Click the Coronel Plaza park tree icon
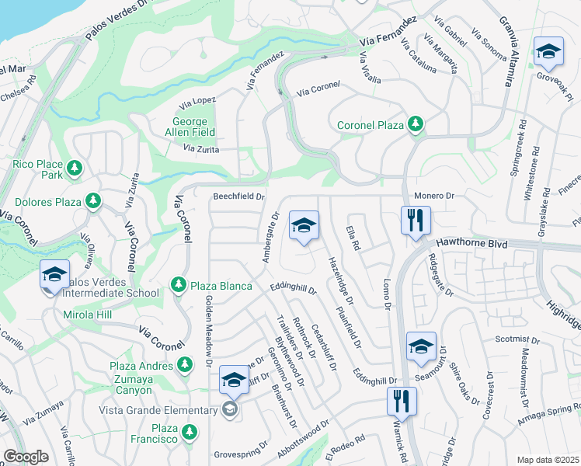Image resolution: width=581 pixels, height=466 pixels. (416, 124)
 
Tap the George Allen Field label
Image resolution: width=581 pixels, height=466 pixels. (190, 127)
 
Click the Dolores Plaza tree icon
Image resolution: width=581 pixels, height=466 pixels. (93, 202)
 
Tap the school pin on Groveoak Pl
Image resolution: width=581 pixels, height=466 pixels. (548, 52)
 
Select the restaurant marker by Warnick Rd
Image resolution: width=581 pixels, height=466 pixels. (402, 401)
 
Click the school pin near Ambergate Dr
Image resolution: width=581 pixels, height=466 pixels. (304, 226)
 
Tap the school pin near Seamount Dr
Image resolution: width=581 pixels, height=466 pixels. (421, 346)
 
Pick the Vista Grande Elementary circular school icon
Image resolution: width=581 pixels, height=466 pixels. (229, 409)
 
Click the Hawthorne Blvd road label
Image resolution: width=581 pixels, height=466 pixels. (471, 243)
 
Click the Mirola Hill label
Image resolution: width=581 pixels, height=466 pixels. (88, 315)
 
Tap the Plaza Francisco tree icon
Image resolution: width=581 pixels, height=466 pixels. (189, 433)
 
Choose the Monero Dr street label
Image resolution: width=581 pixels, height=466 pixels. (433, 196)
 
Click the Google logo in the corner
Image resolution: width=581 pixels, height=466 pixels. (26, 457)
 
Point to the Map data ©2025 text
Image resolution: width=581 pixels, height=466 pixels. (548, 460)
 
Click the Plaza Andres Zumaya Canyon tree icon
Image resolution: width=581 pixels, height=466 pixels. (184, 363)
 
